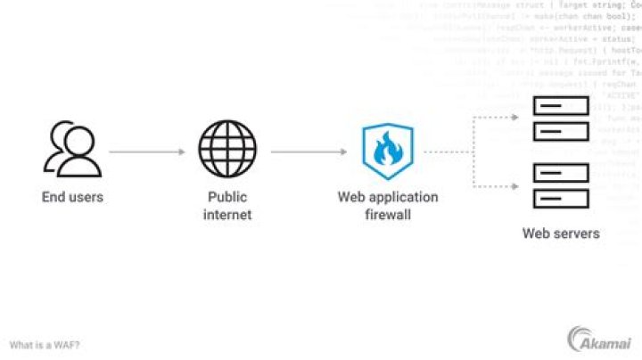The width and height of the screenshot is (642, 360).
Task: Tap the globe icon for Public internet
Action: click(x=227, y=151)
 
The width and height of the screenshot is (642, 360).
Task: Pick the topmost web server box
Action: click(x=561, y=108)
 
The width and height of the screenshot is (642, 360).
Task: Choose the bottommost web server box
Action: click(x=561, y=197)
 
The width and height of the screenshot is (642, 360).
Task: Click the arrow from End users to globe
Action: click(x=146, y=151)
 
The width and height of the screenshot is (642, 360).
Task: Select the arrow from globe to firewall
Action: click(x=308, y=151)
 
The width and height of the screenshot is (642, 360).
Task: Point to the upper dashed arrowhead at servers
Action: click(x=520, y=117)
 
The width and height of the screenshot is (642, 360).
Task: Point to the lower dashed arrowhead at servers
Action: click(x=520, y=185)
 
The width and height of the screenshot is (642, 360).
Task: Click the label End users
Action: click(x=72, y=197)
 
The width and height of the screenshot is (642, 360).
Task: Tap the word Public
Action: click(x=227, y=197)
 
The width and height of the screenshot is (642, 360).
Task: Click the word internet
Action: click(x=227, y=215)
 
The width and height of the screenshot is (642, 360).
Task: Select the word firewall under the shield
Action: click(x=387, y=215)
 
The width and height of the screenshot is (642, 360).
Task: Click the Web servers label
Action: click(x=561, y=233)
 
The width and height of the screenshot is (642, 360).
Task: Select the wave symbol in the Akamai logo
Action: click(x=575, y=338)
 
